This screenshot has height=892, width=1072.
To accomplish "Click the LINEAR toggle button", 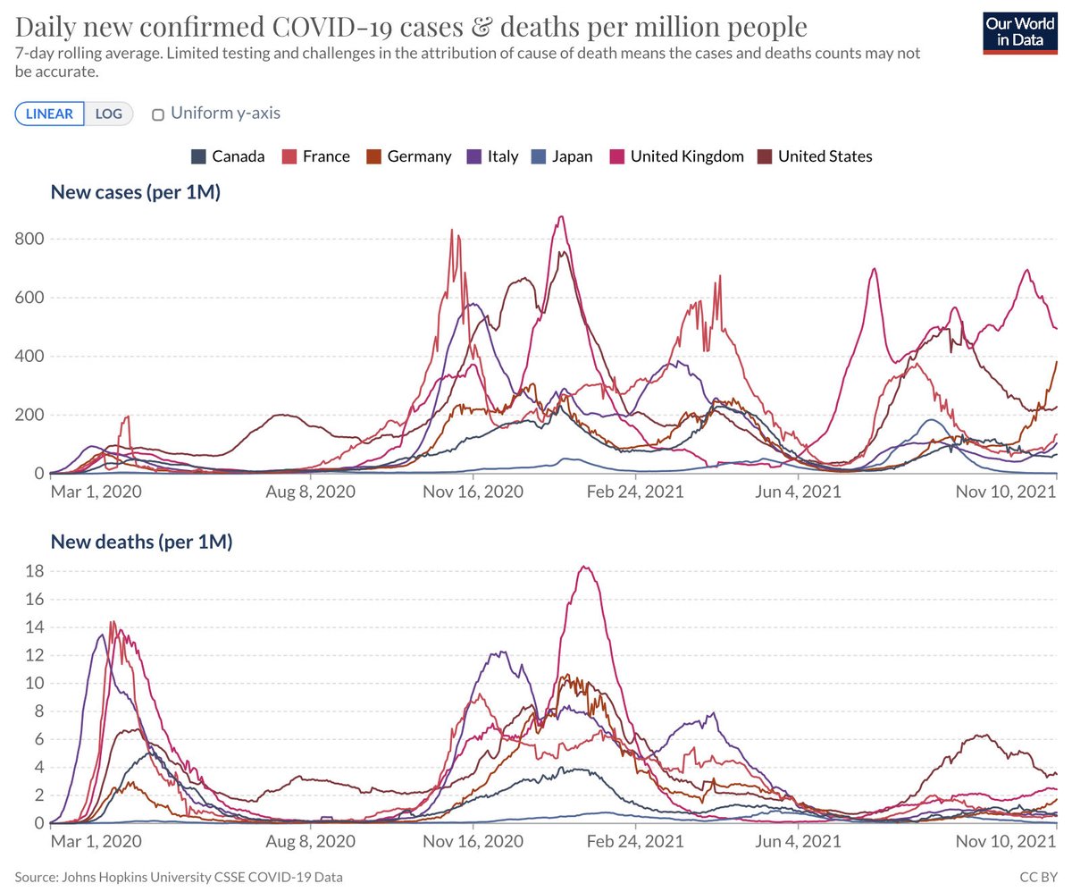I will (49, 114).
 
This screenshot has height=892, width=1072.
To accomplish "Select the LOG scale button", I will (108, 114).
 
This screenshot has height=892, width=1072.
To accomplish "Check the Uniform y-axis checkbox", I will (158, 114).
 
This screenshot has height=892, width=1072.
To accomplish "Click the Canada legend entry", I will (228, 156).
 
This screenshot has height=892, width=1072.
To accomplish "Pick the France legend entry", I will (315, 156).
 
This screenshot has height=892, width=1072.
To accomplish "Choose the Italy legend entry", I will (492, 156).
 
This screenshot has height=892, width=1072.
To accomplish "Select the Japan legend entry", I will (561, 156).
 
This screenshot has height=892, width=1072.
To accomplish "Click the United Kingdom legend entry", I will (676, 156).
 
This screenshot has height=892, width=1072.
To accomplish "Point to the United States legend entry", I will (814, 156).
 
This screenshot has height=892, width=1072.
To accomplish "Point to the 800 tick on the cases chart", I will (31, 240).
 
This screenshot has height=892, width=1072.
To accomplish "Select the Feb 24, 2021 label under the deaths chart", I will (634, 841).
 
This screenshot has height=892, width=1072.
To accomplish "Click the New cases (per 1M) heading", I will (136, 192).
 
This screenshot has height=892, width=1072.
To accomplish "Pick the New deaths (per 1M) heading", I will (141, 542).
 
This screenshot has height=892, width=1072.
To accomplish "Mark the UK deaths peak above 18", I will (584, 567).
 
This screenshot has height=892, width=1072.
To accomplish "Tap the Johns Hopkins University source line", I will (178, 878).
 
